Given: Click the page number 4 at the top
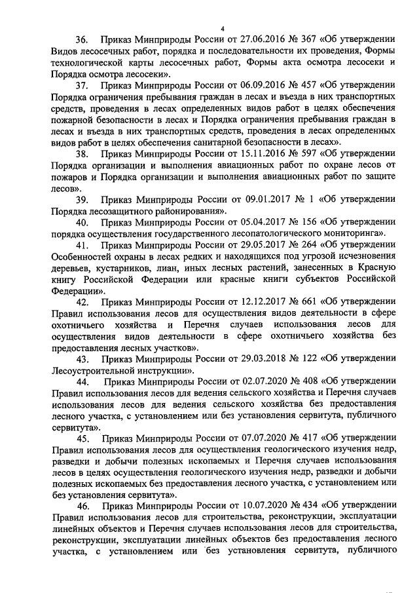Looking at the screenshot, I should [x=223, y=28].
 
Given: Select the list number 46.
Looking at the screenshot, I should [x=83, y=507].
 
